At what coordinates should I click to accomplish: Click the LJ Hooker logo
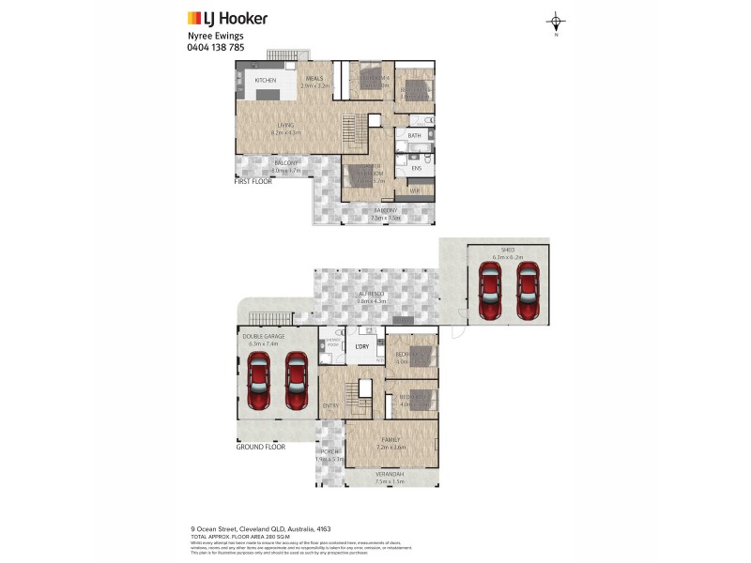pyautogui.click(x=227, y=18)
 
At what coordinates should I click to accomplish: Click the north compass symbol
pyautogui.click(x=556, y=23)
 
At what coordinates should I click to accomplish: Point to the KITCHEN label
pyautogui.click(x=266, y=81)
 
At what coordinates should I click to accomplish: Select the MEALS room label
pyautogui.click(x=314, y=79)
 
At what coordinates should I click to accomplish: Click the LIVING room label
pyautogui.click(x=285, y=126)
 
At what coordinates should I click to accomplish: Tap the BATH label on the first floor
pyautogui.click(x=414, y=136)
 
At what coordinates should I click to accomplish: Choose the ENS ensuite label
pyautogui.click(x=416, y=169)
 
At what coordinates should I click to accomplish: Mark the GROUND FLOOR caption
pyautogui.click(x=260, y=448)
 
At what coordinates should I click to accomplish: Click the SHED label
pyautogui.click(x=508, y=250)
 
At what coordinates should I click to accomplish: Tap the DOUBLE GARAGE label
pyautogui.click(x=265, y=337)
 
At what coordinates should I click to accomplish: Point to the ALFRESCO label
pyautogui.click(x=372, y=294)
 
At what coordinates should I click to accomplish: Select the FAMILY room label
pyautogui.click(x=391, y=439)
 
